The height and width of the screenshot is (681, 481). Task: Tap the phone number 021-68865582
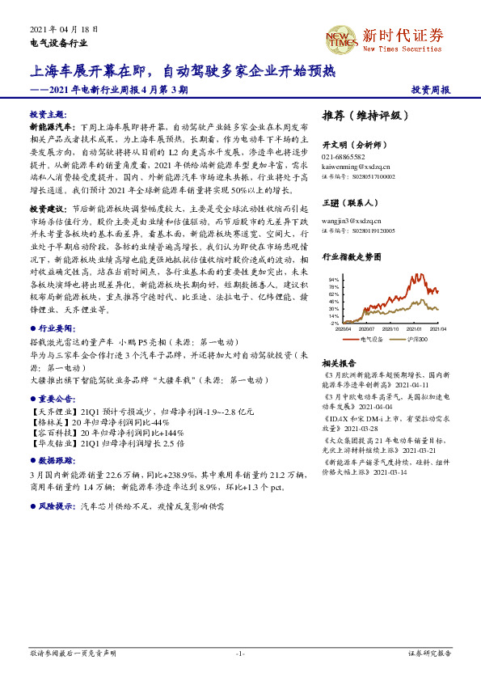(344, 157)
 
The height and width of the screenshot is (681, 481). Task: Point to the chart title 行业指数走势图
(352, 256)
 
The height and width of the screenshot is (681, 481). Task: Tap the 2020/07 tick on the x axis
(366, 329)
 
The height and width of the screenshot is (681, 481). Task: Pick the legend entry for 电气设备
(369, 339)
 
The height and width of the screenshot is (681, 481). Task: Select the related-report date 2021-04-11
(411, 385)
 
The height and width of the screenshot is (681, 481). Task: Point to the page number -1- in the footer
(240, 652)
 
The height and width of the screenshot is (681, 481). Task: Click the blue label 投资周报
(431, 90)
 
